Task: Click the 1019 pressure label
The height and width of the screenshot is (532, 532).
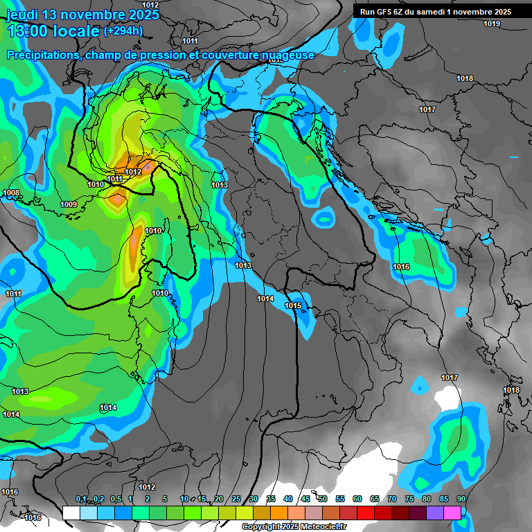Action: pyautogui.click(x=492, y=24)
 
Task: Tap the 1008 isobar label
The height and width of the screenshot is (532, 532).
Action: pyautogui.click(x=11, y=193)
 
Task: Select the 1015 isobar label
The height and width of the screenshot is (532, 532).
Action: pyautogui.click(x=293, y=305)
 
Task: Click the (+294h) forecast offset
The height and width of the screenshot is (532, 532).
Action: pyautogui.click(x=123, y=31)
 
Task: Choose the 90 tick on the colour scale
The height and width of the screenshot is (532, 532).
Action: pyautogui.click(x=461, y=499)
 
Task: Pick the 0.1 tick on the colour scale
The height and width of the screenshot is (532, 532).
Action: pyautogui.click(x=81, y=499)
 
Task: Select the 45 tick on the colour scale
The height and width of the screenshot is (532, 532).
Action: pyautogui.click(x=305, y=499)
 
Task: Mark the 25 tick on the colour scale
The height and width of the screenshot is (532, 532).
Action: pyautogui.click(x=236, y=499)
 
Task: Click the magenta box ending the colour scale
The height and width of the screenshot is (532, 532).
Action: pyautogui.click(x=452, y=513)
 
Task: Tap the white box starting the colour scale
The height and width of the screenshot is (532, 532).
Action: pyautogui.click(x=71, y=513)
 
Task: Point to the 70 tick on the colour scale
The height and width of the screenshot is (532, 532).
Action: pyautogui.click(x=392, y=499)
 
